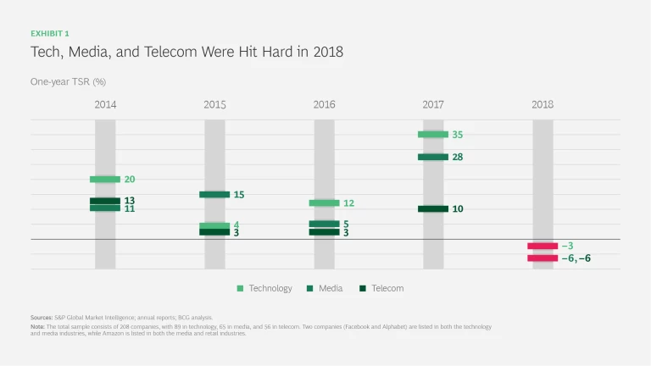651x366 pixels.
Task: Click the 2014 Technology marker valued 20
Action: point(105,180)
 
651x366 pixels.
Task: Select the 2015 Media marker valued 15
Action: point(214,195)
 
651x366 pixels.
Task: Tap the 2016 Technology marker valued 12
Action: point(324,203)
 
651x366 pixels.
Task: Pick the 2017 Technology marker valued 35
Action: point(433,135)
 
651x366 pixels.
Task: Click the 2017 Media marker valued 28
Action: point(433,157)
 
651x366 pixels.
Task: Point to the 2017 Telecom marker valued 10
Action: point(433,208)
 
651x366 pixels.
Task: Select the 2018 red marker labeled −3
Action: point(542,246)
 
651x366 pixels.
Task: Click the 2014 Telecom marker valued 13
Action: point(105,201)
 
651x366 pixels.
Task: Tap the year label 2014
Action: point(105,105)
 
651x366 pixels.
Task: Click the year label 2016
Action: point(324,105)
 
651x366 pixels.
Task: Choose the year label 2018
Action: point(542,105)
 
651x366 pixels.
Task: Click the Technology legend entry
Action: point(264,288)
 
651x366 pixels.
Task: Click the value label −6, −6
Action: point(576,258)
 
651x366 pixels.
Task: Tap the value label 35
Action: point(458,135)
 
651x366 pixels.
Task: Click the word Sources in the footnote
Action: point(44,317)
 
